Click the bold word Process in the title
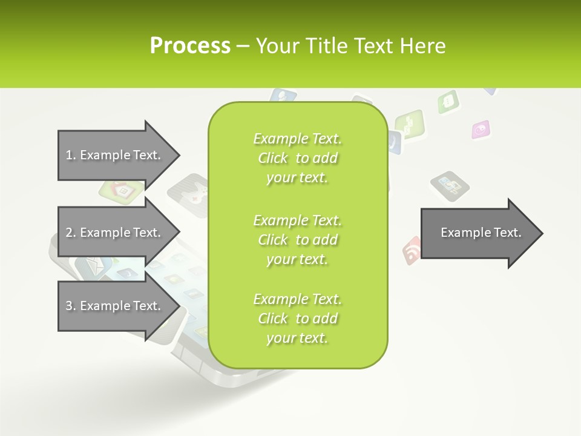coord(190,46)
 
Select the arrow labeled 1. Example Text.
coord(115,155)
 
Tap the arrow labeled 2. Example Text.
coord(115,233)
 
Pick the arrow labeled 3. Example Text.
coord(115,306)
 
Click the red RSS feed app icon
coord(412,249)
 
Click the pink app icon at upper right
coord(481,128)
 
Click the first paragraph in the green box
coord(297,158)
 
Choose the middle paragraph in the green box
coord(297,239)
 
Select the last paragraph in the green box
coord(297,319)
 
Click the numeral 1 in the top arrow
coord(69,155)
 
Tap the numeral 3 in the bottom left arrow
coord(69,306)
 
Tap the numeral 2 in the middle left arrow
coord(69,233)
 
